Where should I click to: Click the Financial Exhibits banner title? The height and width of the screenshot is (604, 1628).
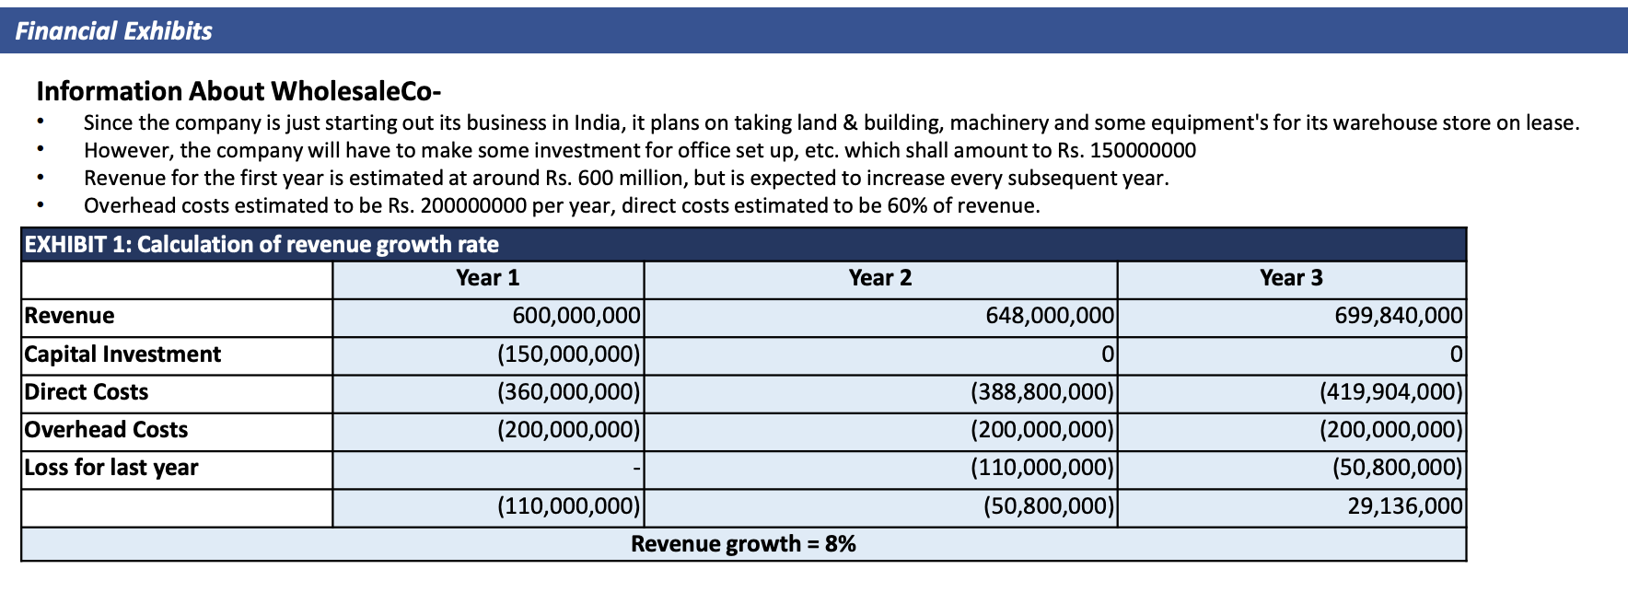pos(113,31)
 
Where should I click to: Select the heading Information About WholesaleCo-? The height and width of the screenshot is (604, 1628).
pos(238,91)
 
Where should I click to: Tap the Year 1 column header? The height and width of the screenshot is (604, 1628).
pos(488,278)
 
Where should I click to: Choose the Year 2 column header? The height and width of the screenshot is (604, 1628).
pos(880,278)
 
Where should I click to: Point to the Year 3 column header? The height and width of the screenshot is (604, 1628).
pos(1291,278)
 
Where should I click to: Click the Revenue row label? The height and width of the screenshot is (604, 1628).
pos(70,316)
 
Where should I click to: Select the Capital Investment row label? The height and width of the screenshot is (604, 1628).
pos(122,354)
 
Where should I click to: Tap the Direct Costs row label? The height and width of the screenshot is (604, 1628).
pos(87,392)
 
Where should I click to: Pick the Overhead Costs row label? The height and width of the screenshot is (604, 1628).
pos(106,430)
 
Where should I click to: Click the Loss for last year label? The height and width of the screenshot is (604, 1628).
pos(111,468)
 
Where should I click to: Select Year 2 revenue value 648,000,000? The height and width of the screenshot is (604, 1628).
pos(1050,316)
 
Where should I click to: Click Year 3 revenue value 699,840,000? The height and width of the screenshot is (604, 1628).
pos(1399,316)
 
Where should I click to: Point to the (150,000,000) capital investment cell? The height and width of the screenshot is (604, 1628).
pos(569,354)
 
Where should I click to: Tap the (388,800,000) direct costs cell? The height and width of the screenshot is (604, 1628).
pos(1042,392)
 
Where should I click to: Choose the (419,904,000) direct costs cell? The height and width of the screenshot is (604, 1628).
pos(1391,392)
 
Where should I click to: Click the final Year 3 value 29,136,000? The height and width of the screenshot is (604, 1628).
pos(1405,506)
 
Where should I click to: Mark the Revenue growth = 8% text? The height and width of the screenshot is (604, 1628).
pos(743,544)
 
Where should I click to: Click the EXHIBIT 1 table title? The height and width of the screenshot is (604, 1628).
pos(262,245)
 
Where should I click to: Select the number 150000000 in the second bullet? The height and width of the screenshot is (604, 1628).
pos(1143,151)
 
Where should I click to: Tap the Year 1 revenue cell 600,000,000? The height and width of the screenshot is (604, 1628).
pos(576,316)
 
